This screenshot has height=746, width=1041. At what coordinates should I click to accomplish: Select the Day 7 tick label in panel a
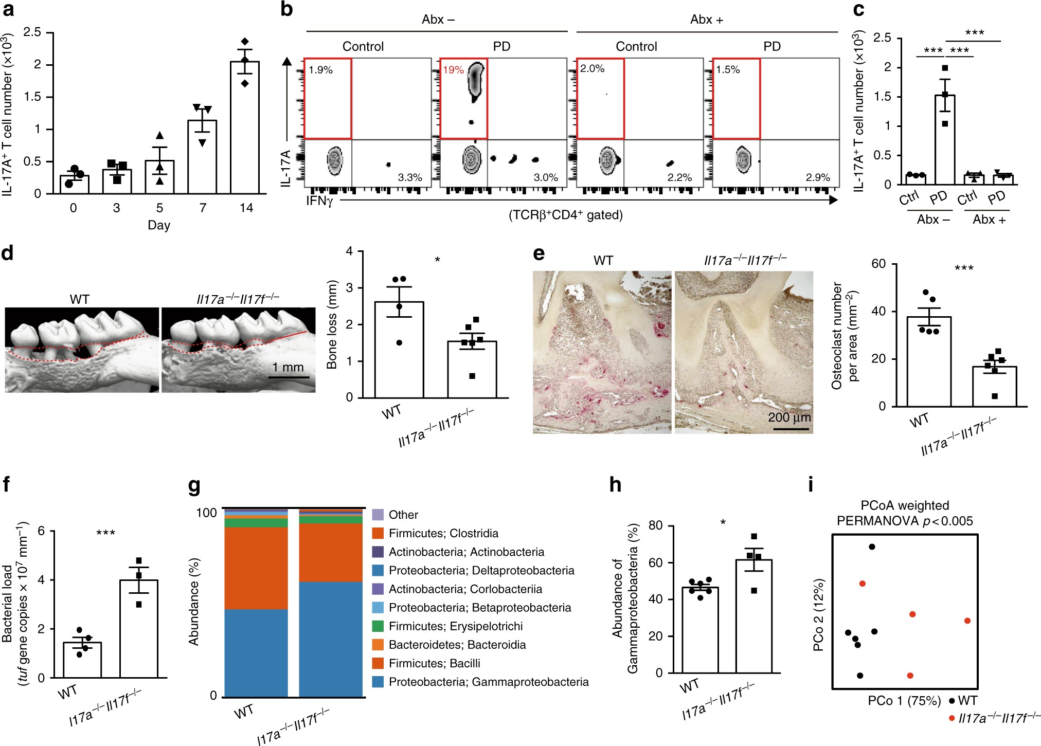(x=203, y=208)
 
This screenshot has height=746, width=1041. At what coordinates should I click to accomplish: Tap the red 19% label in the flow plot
(x=454, y=69)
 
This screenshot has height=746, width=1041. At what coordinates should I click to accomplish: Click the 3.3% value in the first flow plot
(x=410, y=177)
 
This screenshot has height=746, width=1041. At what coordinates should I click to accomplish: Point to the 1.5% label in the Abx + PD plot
(x=728, y=69)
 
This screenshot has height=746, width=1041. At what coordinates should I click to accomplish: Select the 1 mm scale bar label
(x=288, y=367)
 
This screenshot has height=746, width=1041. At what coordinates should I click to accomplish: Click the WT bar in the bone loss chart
(x=399, y=350)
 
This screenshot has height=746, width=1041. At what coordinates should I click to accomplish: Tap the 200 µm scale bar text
(x=789, y=417)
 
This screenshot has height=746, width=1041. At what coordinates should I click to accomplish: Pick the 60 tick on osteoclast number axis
(x=878, y=264)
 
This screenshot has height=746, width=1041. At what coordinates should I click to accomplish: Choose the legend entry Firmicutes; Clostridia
(x=443, y=533)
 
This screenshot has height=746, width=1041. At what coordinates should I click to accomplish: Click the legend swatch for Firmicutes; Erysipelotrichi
(x=378, y=626)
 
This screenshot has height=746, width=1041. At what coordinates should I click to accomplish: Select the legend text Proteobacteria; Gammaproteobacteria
(x=489, y=682)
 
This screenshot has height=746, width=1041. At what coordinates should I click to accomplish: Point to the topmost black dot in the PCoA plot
(x=872, y=547)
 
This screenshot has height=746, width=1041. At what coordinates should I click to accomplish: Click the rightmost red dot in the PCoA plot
(x=967, y=621)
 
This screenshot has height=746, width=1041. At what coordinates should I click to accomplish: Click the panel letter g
(x=194, y=485)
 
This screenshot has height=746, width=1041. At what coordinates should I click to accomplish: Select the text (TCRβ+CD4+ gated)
(x=566, y=215)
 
